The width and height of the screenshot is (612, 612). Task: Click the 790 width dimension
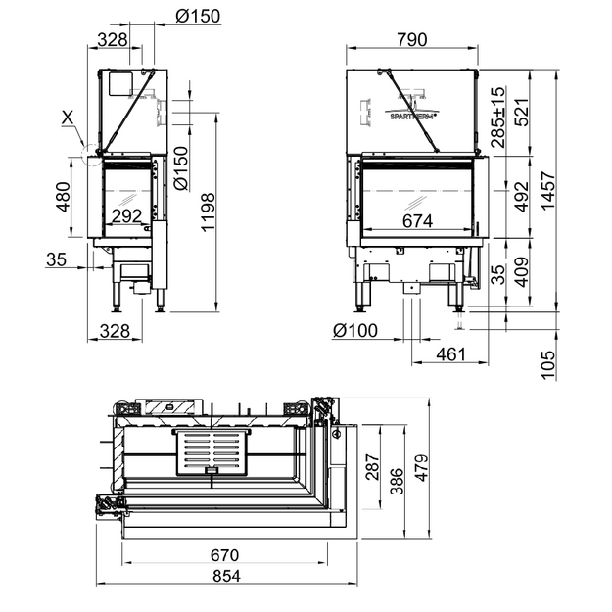coord(412,40)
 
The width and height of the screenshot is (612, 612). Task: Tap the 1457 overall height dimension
coord(548,191)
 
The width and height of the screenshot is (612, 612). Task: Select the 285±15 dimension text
coord(497,118)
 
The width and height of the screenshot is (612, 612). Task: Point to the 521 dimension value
coord(522,113)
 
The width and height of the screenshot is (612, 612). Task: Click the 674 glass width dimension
coord(417,221)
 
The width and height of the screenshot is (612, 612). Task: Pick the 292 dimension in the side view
coord(126,215)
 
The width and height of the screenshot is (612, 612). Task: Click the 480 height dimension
coord(64,197)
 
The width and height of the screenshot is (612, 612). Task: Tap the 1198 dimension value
coord(208,212)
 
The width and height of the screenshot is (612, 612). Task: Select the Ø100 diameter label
coord(355,331)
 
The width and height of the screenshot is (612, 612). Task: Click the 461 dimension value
coord(450,354)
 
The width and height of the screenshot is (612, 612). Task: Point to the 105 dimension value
coord(548,364)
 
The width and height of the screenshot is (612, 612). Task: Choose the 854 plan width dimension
coord(227,576)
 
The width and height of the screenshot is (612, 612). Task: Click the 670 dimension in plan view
coord(224,555)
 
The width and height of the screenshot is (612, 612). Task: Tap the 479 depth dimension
coord(421,468)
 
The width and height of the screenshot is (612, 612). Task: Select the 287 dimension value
coord(372,467)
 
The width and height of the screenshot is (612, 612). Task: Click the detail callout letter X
coord(68,118)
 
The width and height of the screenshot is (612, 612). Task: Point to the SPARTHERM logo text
coord(413,116)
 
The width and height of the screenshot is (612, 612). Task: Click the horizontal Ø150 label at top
coord(198,16)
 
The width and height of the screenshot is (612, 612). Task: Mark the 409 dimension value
coord(522,271)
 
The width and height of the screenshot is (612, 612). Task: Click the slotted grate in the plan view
coord(212,451)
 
